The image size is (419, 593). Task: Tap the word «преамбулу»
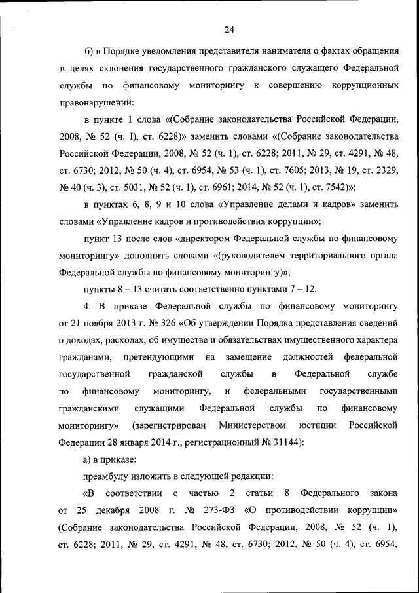pos(109,476)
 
